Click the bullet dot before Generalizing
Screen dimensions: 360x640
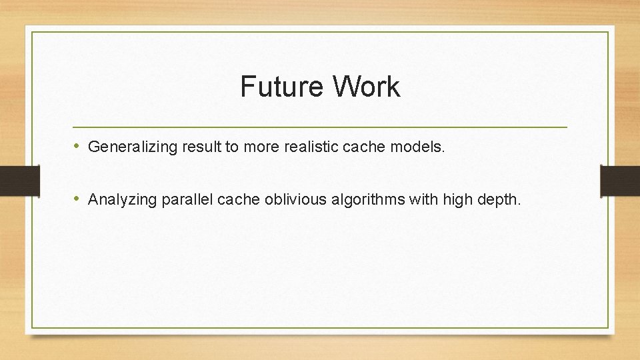tap(78, 146)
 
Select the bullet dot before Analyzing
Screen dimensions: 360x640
tap(78, 198)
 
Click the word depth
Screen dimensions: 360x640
tap(498, 199)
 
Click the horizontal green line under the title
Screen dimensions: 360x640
tap(320, 127)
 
